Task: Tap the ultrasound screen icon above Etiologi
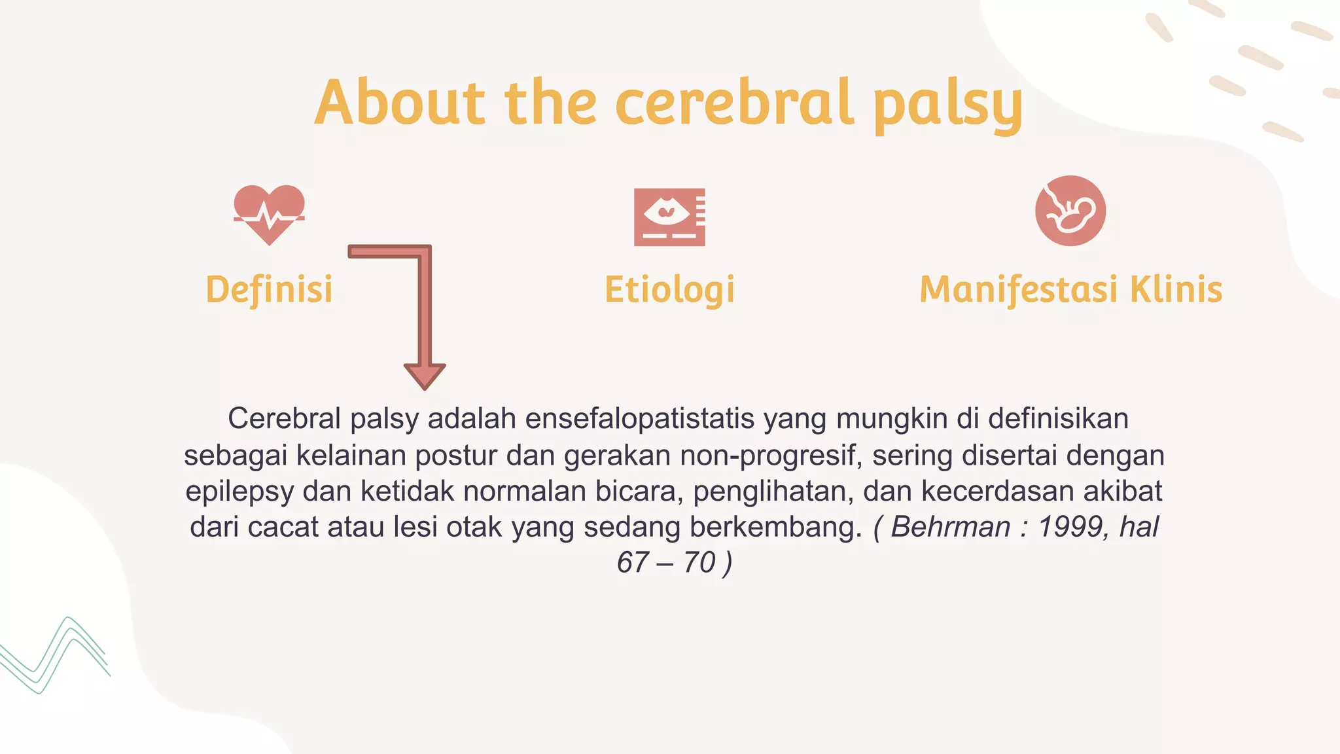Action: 669,217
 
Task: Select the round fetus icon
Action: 1070,211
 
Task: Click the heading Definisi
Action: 269,289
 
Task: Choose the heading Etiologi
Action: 669,289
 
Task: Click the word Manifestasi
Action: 1018,289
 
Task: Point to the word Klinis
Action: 1176,289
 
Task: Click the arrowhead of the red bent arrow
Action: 425,376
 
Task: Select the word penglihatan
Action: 773,491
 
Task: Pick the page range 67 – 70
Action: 667,563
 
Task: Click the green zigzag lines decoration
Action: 56,655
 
